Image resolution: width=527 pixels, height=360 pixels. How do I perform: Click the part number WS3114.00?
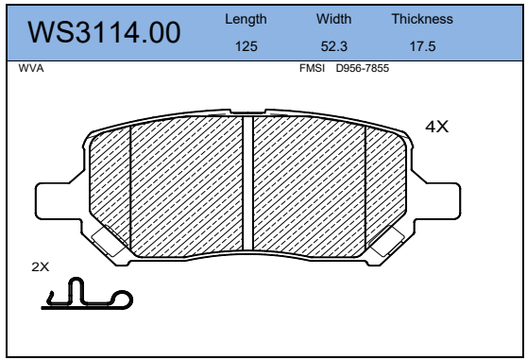(104, 33)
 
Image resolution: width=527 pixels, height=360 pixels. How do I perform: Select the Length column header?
(246, 20)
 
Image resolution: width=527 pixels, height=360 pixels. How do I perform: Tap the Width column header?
(333, 19)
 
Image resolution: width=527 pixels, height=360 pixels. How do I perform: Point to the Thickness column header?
(422, 19)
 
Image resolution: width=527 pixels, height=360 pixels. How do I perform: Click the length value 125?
(246, 46)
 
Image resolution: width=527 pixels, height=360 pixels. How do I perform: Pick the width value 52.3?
(333, 46)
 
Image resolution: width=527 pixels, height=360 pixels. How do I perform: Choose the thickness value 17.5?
(422, 46)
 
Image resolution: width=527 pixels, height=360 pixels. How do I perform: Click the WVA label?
(31, 68)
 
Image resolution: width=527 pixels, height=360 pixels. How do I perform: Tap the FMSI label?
(312, 68)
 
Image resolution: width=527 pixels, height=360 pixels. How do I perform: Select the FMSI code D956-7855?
(363, 68)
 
